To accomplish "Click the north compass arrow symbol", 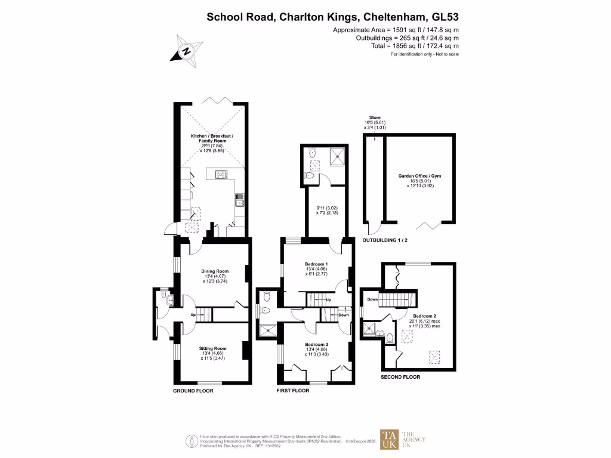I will click(186, 51).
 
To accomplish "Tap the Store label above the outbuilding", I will click(374, 117).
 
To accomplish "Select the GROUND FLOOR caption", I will click(193, 391).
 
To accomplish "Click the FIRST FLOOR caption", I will click(293, 391).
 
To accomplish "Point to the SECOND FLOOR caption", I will click(400, 377).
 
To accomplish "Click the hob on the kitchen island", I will click(219, 175).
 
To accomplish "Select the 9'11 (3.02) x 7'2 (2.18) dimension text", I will click(327, 210).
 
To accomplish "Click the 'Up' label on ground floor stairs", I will click(193, 315).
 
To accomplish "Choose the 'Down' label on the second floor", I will click(372, 299).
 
